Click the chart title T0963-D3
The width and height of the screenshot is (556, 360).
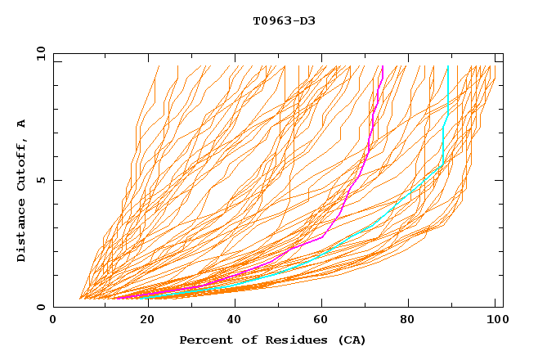284,20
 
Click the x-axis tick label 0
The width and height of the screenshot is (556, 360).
53,322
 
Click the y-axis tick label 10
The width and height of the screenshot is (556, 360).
39,53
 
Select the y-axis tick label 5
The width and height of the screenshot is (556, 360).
43,180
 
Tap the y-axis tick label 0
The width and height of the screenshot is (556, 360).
43,307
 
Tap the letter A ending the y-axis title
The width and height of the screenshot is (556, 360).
22,123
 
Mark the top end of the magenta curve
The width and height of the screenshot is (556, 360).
383,66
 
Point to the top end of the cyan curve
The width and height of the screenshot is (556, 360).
448,66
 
